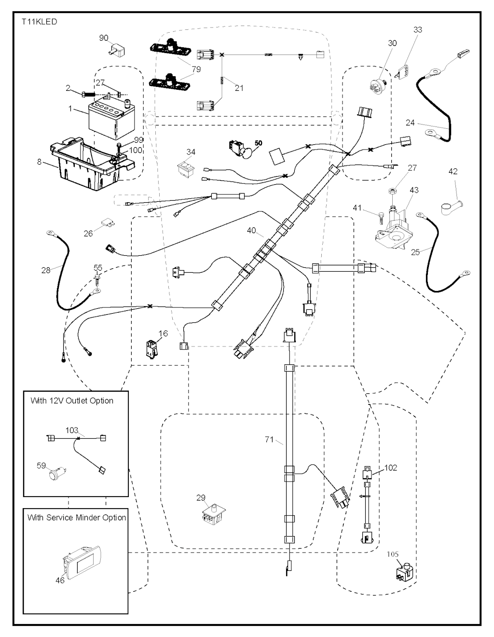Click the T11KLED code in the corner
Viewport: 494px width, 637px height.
click(x=39, y=22)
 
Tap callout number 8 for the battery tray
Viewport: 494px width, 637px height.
click(x=40, y=162)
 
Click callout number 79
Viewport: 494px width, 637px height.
click(x=196, y=69)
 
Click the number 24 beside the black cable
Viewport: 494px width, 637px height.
click(x=410, y=123)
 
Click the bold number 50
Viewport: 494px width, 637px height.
click(x=259, y=143)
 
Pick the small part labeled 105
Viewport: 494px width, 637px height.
click(x=403, y=571)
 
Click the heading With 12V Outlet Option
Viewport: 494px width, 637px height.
click(x=72, y=401)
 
